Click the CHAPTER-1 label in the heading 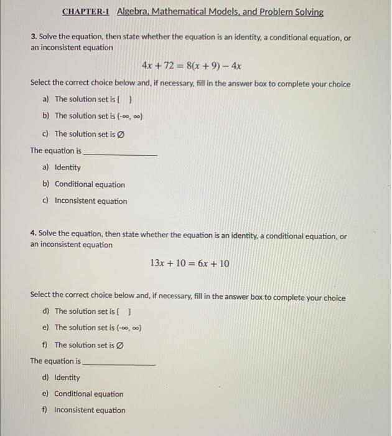click(86, 12)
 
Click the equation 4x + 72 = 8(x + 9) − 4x click(192, 65)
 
